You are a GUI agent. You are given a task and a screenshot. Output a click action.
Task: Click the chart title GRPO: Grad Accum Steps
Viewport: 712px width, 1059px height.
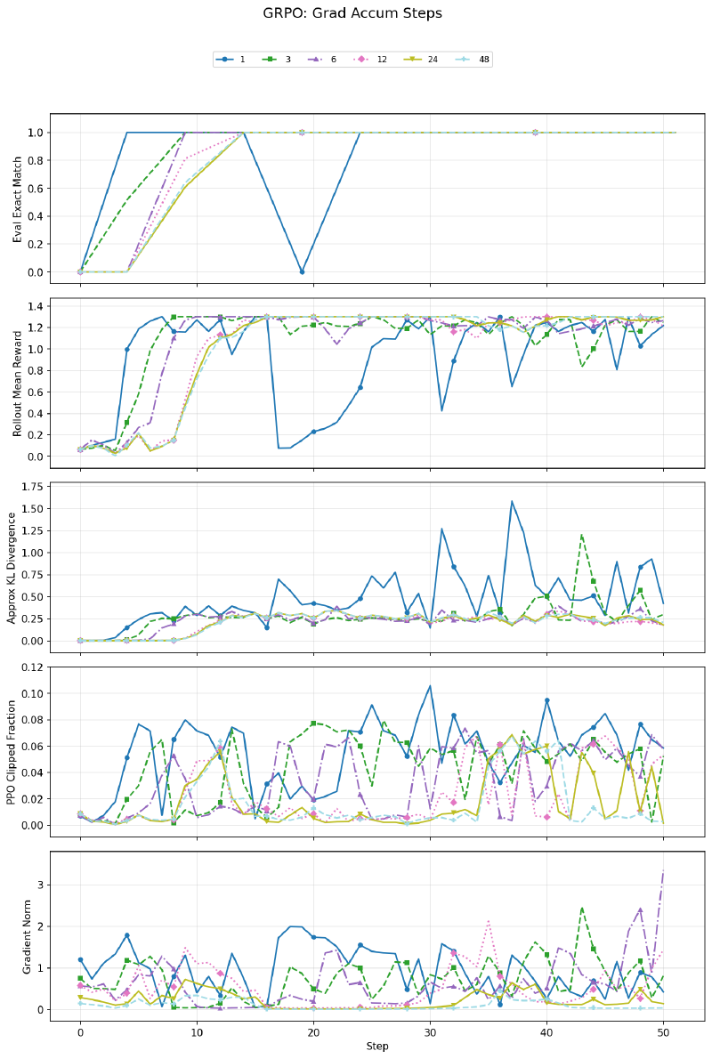(352, 13)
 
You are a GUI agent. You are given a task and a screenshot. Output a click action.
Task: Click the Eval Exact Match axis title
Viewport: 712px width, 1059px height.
(17, 198)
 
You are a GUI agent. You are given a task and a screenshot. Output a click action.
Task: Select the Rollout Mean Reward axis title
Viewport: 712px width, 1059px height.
(17, 382)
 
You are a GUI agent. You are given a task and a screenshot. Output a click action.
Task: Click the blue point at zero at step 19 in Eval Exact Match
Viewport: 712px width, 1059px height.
(302, 271)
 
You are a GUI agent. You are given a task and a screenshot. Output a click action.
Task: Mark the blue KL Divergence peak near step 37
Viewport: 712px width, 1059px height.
(512, 501)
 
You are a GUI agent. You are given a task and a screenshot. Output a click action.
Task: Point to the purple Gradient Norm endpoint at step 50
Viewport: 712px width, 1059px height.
(663, 870)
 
